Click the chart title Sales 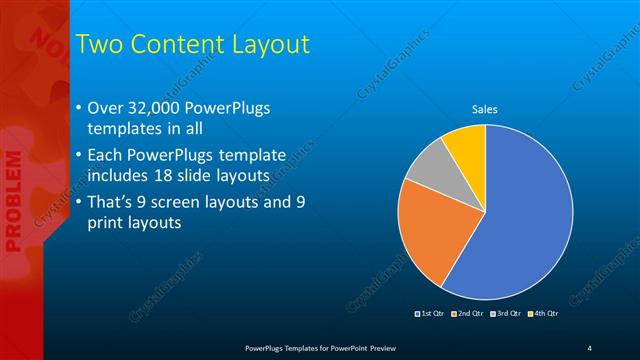(x=485, y=109)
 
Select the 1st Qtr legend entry (x=429, y=314)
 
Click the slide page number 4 (x=590, y=347)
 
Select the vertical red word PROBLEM (x=13, y=201)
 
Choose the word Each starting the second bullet (x=106, y=156)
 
